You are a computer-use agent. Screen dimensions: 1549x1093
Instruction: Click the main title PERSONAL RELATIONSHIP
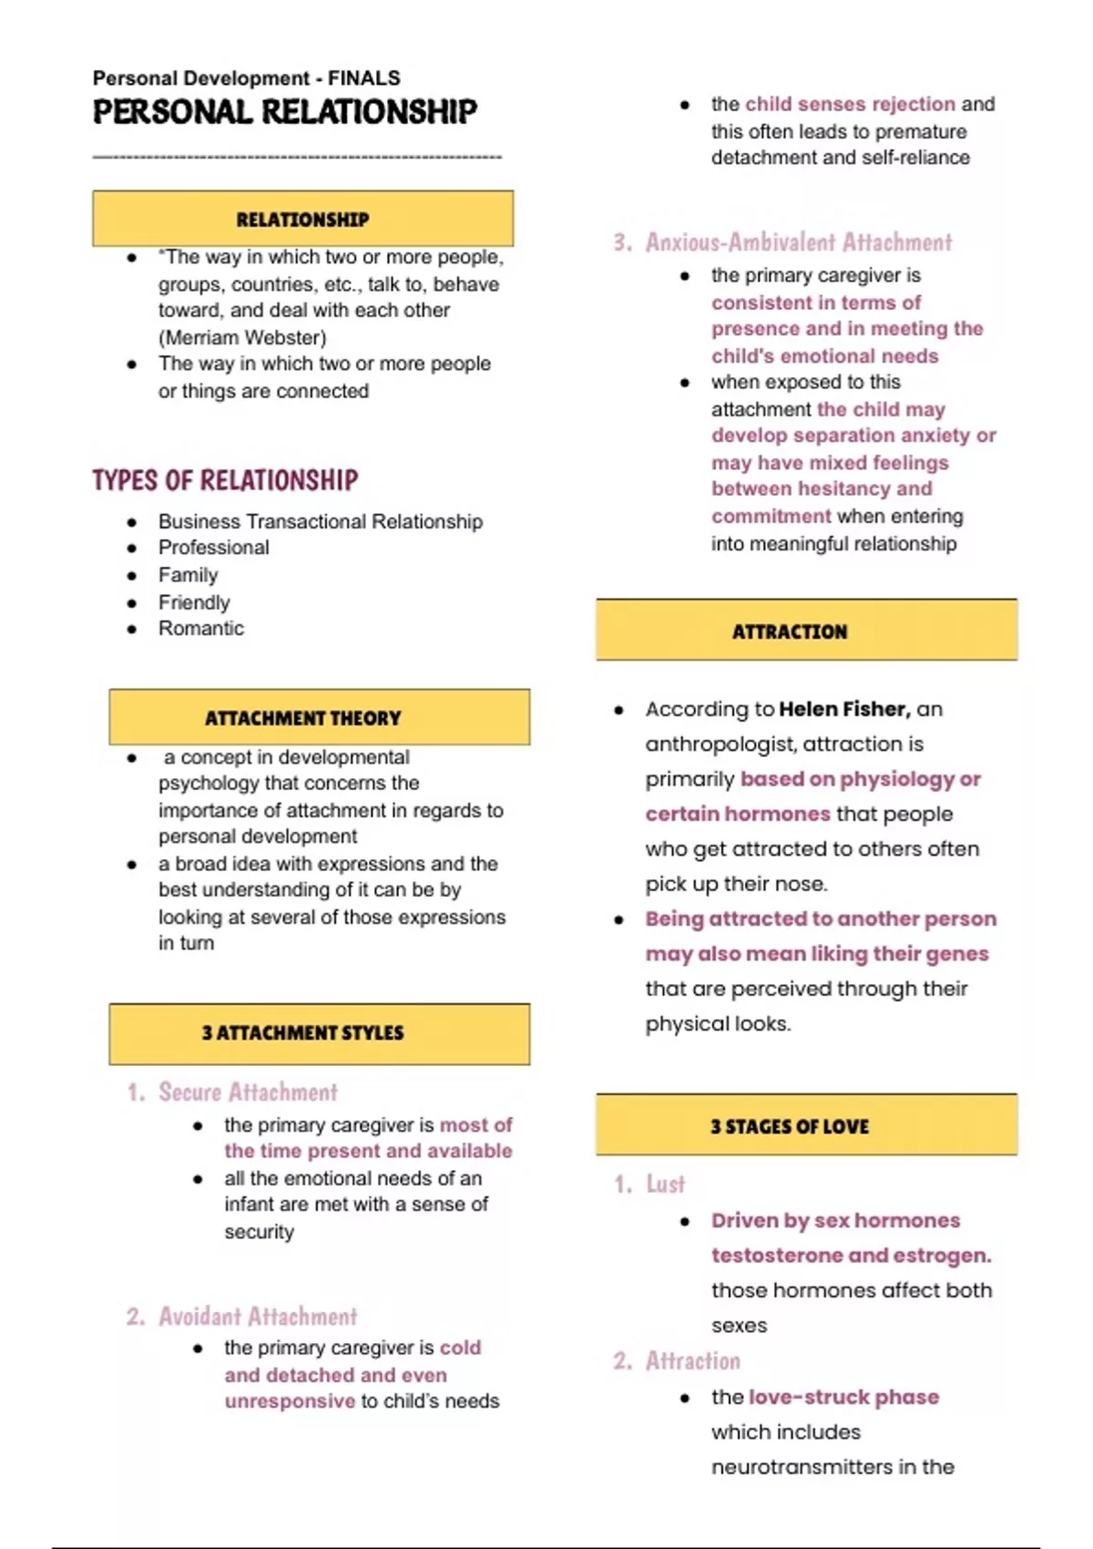(x=284, y=112)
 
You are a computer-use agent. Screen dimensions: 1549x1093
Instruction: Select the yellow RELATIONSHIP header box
(x=302, y=219)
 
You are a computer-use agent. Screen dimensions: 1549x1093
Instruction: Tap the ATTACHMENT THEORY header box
(x=319, y=717)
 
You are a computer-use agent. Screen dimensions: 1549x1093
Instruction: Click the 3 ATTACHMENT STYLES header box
(x=319, y=1033)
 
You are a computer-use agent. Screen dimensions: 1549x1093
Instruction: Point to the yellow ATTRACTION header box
(x=806, y=631)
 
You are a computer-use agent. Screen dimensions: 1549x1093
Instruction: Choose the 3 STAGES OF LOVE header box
(x=806, y=1125)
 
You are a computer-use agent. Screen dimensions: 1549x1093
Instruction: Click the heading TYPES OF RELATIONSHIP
(x=225, y=480)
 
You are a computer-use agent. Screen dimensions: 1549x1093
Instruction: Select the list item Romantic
(x=201, y=629)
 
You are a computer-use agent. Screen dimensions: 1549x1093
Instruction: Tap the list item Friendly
(x=194, y=602)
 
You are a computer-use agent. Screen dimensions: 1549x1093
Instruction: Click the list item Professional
(x=214, y=548)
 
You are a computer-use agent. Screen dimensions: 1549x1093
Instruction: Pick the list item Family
(x=189, y=575)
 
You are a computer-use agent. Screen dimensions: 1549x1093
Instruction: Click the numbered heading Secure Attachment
(x=248, y=1092)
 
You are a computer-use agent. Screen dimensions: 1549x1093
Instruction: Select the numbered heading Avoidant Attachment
(x=258, y=1317)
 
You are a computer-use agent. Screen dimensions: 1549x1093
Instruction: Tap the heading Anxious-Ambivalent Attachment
(x=799, y=242)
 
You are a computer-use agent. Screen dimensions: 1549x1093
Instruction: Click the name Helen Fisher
(x=843, y=709)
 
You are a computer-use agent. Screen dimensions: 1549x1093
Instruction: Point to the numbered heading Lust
(x=665, y=1184)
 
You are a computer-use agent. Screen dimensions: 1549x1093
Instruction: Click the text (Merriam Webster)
(x=242, y=337)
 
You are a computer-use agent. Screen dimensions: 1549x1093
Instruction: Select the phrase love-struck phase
(x=843, y=1397)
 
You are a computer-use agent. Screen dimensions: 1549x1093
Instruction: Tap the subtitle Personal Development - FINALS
(x=246, y=78)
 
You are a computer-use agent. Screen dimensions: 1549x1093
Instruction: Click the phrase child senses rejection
(x=850, y=104)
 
